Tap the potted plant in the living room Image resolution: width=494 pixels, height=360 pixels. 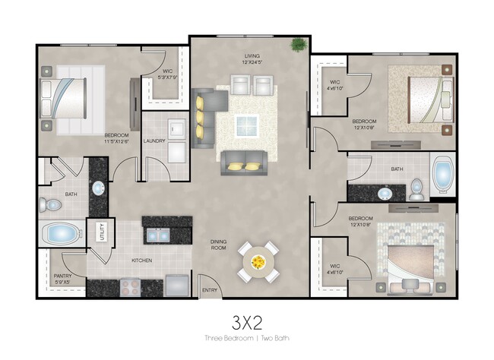pyautogui.click(x=298, y=46)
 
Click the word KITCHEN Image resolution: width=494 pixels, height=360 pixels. pyautogui.click(x=142, y=261)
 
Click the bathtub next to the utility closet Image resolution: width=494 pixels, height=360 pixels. pyautogui.click(x=62, y=232)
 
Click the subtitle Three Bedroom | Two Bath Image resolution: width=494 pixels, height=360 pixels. pyautogui.click(x=246, y=337)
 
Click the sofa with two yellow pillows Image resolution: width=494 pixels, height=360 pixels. pyautogui.click(x=243, y=163)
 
